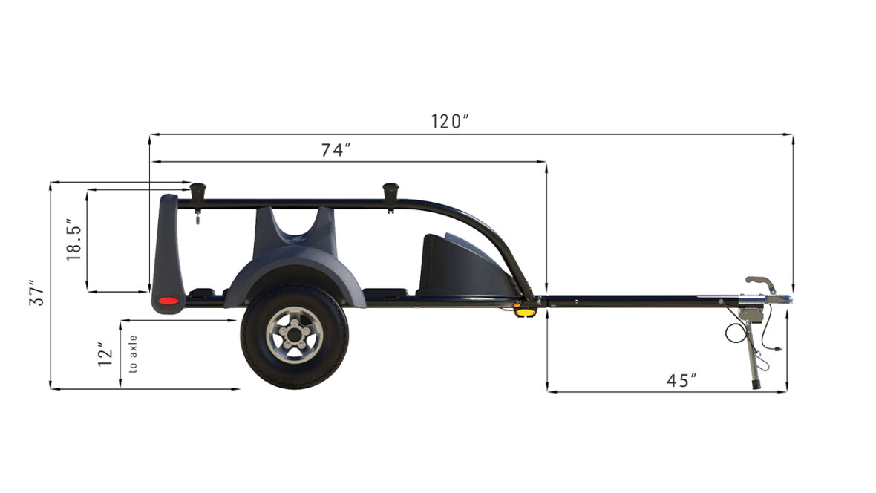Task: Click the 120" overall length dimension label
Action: [450, 121]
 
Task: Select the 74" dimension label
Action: [336, 150]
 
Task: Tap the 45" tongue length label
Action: [681, 381]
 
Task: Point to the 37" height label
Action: [37, 293]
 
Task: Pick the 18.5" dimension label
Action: [74, 240]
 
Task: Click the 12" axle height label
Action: [105, 354]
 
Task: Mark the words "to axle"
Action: [133, 354]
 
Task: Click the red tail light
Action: [168, 301]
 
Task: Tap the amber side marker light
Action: [525, 312]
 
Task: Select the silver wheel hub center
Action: [295, 335]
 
